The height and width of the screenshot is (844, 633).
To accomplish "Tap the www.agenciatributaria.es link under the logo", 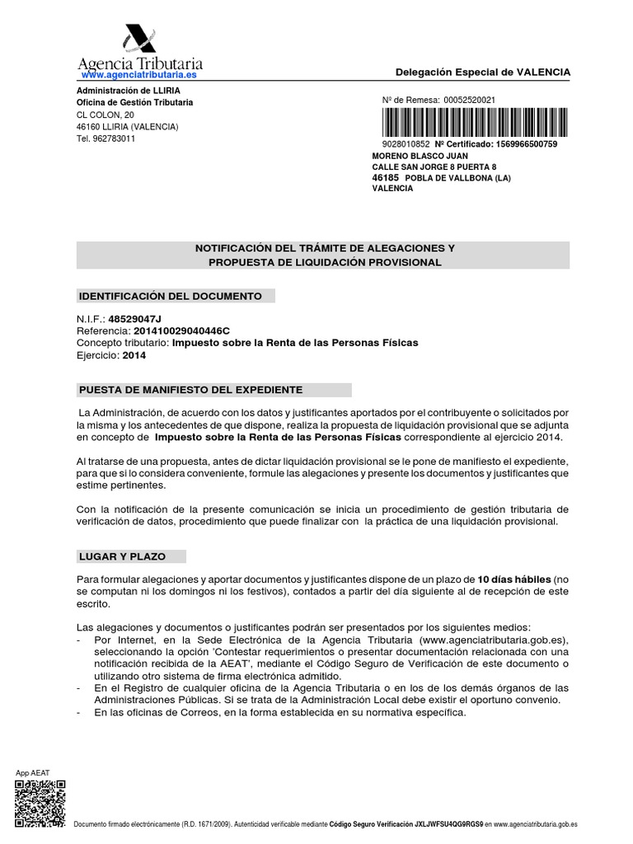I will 138,75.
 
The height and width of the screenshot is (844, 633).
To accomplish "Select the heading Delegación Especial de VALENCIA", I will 483,73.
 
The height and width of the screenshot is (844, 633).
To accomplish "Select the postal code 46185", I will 386,177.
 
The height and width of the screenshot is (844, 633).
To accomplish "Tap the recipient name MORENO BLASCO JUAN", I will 420,156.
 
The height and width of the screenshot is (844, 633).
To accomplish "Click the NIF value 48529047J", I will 141,318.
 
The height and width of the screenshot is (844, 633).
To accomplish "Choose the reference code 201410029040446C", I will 176,331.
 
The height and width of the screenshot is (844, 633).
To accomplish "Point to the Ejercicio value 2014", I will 134,355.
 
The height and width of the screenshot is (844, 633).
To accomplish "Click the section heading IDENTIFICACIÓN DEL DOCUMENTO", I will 170,295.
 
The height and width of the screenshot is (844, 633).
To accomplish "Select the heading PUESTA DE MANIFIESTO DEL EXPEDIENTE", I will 190,389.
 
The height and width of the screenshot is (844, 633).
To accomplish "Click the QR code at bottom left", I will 40,803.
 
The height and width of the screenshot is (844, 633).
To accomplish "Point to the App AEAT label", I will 33,772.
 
